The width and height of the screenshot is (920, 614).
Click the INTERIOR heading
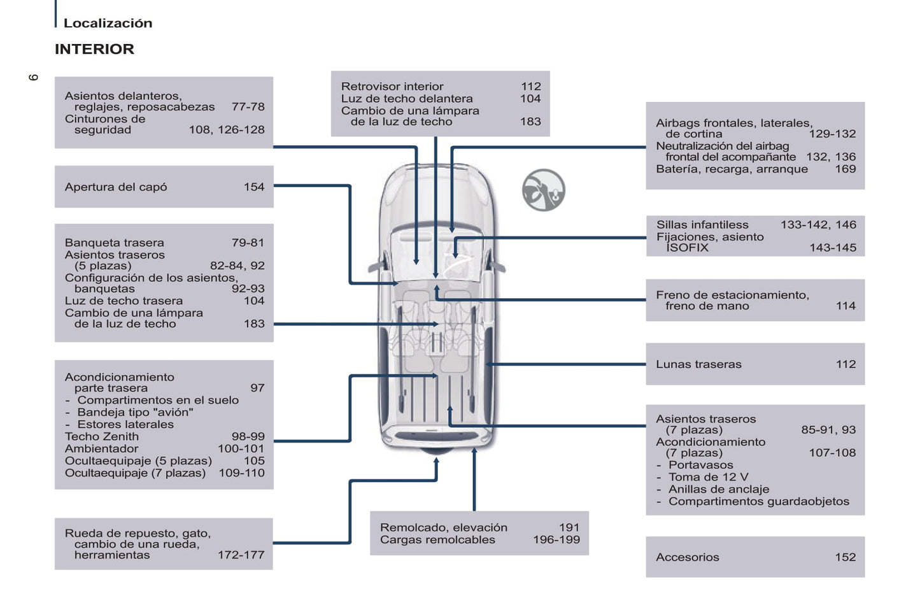pyautogui.click(x=94, y=49)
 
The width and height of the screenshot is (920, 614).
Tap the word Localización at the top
pyautogui.click(x=108, y=23)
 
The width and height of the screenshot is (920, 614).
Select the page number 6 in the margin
pyautogui.click(x=33, y=77)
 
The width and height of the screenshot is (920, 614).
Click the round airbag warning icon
pyautogui.click(x=543, y=190)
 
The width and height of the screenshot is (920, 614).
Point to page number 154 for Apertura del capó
pyautogui.click(x=253, y=187)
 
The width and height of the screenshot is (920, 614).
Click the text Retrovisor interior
pyautogui.click(x=392, y=86)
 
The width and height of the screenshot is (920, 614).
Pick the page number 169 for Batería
pyautogui.click(x=845, y=169)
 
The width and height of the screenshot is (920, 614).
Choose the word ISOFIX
pyautogui.click(x=687, y=248)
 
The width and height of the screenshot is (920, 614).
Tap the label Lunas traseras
pyautogui.click(x=698, y=364)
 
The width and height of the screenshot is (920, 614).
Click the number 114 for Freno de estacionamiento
pyautogui.click(x=846, y=306)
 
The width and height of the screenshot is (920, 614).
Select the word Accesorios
pyautogui.click(x=687, y=557)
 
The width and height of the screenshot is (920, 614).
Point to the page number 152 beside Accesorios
pyautogui.click(x=845, y=557)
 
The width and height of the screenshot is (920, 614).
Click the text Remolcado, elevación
pyautogui.click(x=444, y=527)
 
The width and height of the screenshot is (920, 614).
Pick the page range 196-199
pyautogui.click(x=556, y=539)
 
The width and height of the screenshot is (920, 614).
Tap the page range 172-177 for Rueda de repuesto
pyautogui.click(x=241, y=555)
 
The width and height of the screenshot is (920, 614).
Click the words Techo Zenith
pyautogui.click(x=102, y=436)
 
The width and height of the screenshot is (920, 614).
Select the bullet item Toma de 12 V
pyautogui.click(x=708, y=477)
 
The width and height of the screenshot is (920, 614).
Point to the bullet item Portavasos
pyautogui.click(x=700, y=465)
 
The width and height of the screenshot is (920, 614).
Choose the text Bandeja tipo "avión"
pyautogui.click(x=135, y=412)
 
